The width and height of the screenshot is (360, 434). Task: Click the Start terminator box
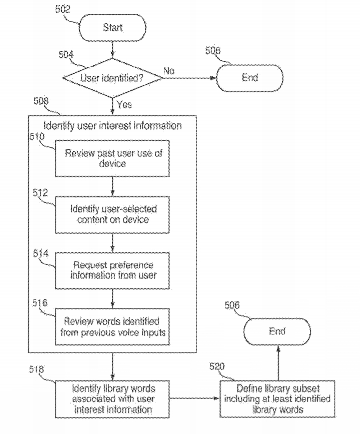point(113,28)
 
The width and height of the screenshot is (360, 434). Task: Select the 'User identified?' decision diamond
point(113,77)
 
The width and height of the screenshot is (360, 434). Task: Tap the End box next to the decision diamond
point(250,77)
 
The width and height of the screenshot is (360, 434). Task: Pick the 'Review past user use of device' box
point(114,158)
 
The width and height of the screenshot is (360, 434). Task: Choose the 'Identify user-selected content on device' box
point(114,214)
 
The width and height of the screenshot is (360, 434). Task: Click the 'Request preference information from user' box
point(114,270)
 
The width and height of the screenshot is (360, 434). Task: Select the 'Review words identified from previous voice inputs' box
point(114,327)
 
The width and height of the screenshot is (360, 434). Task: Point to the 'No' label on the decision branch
point(169,71)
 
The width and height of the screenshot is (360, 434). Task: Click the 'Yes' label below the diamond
point(124,104)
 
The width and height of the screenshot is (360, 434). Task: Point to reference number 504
point(65,54)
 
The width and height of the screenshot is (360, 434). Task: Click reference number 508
point(41,101)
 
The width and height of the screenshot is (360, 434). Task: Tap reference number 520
point(217,367)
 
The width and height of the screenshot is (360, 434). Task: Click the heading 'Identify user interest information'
point(113,126)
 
